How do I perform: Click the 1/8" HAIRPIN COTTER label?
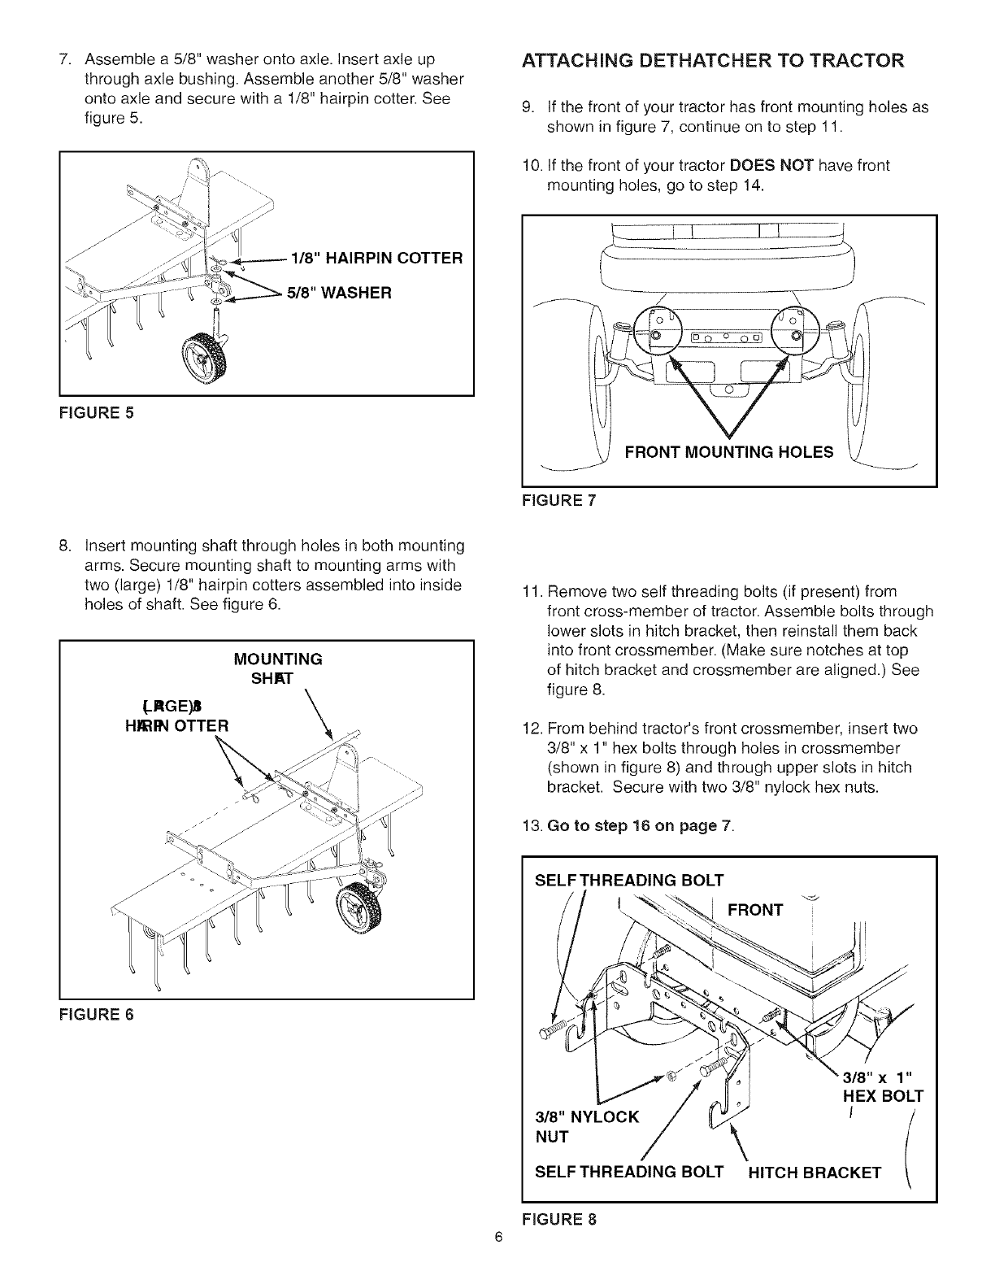pos(370,258)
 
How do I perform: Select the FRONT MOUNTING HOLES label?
pos(728,452)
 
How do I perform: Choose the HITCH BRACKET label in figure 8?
pos(814,1172)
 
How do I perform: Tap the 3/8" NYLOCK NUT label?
pos(586,1125)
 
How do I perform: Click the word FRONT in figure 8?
pos(755,909)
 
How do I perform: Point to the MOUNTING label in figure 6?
pos(278,658)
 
